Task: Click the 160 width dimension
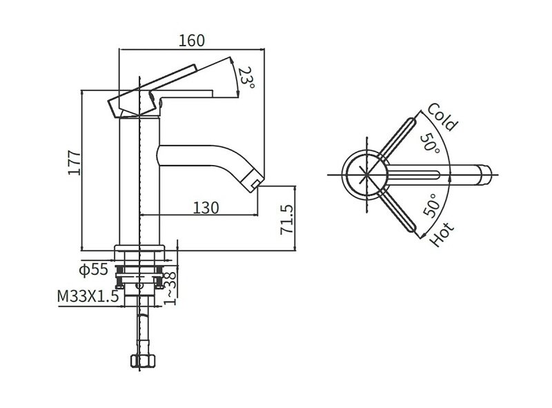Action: [192, 41]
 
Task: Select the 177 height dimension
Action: [75, 163]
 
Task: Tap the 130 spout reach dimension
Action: [206, 208]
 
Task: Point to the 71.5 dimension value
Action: [286, 220]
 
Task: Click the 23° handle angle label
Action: [246, 77]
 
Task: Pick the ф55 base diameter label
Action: [94, 270]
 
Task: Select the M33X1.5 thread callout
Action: [88, 296]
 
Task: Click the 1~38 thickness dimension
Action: [170, 288]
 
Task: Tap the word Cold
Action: [442, 117]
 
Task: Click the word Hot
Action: [442, 234]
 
